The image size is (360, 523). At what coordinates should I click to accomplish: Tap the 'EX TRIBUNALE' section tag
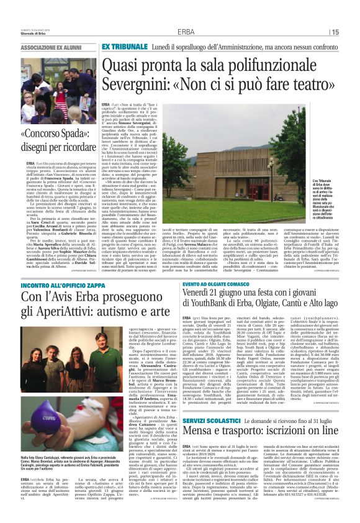(x=122, y=47)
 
